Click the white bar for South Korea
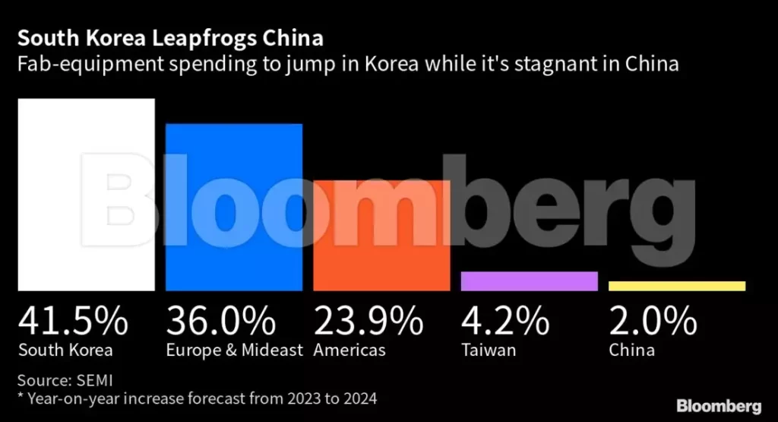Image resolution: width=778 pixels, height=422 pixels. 86,195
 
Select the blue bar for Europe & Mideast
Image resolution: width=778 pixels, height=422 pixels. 234,207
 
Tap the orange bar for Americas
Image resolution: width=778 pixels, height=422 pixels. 381,236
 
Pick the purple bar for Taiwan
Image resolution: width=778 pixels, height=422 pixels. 529,281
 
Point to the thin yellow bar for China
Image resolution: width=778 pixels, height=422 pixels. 677,286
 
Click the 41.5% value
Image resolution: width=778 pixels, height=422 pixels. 73,321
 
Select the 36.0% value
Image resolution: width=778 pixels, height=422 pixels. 221,321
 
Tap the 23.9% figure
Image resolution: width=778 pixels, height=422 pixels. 368,321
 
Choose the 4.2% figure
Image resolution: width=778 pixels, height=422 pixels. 505,321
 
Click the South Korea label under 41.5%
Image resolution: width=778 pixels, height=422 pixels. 65,351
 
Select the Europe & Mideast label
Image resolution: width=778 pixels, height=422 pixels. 234,351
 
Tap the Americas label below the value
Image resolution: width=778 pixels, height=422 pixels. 349,351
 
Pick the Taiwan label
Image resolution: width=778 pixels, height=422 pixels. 489,351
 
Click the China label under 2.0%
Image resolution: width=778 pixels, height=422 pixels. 631,351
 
